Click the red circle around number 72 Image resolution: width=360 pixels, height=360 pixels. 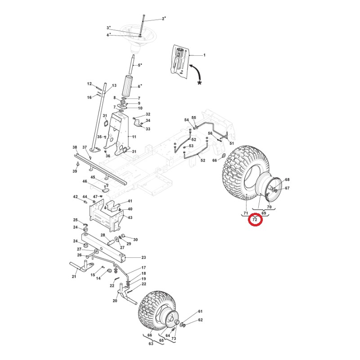coord(255,220)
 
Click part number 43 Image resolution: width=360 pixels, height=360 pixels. coord(130,217)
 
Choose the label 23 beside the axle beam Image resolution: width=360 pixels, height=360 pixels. coord(144,257)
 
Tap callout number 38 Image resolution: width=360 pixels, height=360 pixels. coord(75,148)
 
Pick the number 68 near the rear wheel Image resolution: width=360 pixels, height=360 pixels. coord(287,180)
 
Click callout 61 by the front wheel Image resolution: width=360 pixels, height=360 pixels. coord(201,311)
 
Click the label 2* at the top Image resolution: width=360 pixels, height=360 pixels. coord(163,18)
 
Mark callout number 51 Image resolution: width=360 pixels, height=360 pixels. coord(232,144)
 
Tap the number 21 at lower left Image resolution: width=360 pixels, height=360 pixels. coord(74,276)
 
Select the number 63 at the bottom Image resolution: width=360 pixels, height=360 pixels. coord(151,344)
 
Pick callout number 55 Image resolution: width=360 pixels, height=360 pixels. coord(194,117)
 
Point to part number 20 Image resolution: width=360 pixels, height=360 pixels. coord(115,301)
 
